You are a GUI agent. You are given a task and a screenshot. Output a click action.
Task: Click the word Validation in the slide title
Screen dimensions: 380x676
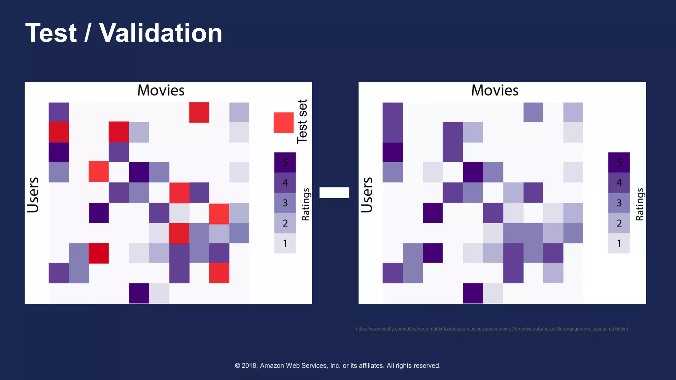pyautogui.click(x=160, y=33)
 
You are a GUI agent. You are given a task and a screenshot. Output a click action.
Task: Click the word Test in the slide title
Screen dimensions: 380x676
pyautogui.click(x=51, y=33)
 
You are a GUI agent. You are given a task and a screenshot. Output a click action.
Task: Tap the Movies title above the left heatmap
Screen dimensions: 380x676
pyautogui.click(x=161, y=90)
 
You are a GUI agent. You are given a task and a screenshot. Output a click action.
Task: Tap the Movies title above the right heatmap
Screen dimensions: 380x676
pyautogui.click(x=495, y=90)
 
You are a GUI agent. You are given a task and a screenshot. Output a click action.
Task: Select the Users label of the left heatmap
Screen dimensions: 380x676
pyautogui.click(x=33, y=195)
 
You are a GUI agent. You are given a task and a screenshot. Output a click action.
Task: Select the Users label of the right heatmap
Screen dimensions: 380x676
pyautogui.click(x=367, y=195)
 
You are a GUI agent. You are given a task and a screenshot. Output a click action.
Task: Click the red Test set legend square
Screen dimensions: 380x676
pyautogui.click(x=284, y=123)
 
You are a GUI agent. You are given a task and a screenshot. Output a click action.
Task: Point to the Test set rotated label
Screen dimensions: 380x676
pyautogui.click(x=302, y=121)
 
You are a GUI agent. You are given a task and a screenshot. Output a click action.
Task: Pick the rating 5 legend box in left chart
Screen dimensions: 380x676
pyautogui.click(x=285, y=162)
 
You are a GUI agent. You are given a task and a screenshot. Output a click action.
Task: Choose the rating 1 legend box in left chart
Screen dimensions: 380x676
pyautogui.click(x=285, y=243)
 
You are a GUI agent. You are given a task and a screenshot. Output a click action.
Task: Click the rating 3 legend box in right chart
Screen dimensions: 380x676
pyautogui.click(x=619, y=203)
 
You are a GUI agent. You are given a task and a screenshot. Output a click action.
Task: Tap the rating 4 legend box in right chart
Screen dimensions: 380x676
pyautogui.click(x=619, y=182)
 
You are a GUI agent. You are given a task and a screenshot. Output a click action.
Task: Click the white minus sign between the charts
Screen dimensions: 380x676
pyautogui.click(x=334, y=193)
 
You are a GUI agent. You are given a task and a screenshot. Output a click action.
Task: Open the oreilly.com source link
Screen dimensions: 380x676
pyautogui.click(x=492, y=329)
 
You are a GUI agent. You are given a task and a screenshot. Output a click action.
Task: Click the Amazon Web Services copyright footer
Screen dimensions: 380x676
pyautogui.click(x=338, y=365)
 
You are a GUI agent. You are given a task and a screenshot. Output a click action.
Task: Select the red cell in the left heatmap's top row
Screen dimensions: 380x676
pyautogui.click(x=199, y=112)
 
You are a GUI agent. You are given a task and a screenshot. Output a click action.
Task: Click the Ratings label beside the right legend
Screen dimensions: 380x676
pyautogui.click(x=640, y=204)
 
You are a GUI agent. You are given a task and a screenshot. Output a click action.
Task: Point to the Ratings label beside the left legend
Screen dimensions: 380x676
pyautogui.click(x=306, y=204)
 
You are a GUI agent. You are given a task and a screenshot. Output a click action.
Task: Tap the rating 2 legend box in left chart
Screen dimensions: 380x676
pyautogui.click(x=285, y=223)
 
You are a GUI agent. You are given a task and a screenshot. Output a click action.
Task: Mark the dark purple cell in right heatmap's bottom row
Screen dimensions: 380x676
pyautogui.click(x=473, y=293)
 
